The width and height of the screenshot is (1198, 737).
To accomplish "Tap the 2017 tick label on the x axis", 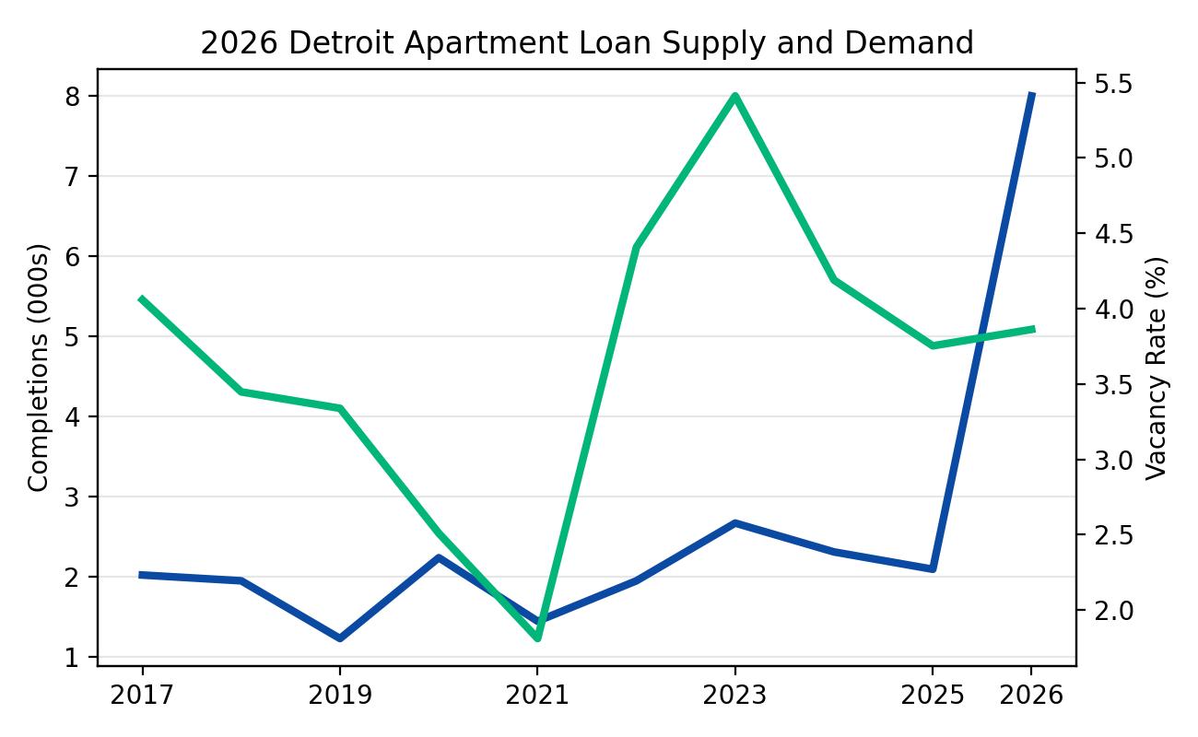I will click(142, 696).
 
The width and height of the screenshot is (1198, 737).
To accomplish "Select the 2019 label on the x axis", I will click(339, 696).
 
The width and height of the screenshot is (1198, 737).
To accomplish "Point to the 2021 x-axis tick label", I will click(537, 696).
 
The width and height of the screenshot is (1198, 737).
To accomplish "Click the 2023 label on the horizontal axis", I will click(734, 696).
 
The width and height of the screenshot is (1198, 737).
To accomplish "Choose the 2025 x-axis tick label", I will click(933, 696).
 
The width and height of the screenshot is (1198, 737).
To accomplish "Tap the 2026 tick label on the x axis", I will click(1031, 696).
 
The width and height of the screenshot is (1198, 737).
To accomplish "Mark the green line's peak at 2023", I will click(734, 96).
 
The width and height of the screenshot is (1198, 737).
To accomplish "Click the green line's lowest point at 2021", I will click(537, 638).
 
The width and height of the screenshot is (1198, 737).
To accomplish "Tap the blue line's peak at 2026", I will click(1031, 95).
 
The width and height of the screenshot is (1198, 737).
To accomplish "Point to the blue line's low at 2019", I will click(339, 638).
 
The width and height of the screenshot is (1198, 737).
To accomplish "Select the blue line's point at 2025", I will click(933, 568).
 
